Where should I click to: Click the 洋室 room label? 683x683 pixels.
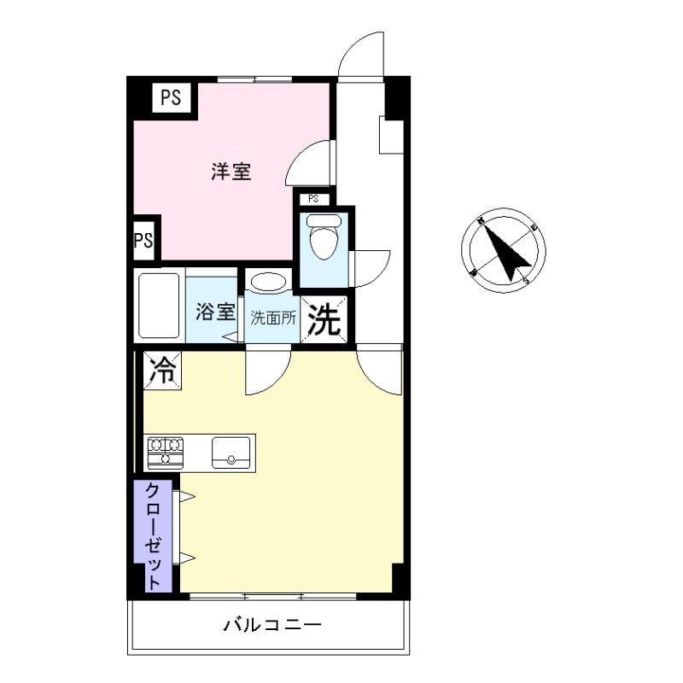pos(231,172)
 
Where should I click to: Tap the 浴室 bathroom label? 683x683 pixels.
pos(215,312)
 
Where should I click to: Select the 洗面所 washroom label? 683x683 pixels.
pos(273,317)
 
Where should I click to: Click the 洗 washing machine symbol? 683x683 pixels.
pos(324,319)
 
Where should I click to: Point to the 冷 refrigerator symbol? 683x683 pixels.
pos(162,371)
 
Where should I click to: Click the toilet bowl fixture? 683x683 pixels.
pos(324,239)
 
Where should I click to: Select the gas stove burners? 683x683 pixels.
pos(166,452)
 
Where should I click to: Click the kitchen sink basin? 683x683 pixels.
pos(231,451)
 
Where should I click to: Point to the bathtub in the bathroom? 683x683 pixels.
pos(159,306)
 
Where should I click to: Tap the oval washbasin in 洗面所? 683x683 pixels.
pos(269,283)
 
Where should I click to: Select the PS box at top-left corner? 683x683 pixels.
pos(172,98)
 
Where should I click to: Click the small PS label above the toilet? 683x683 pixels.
pos(313,199)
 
